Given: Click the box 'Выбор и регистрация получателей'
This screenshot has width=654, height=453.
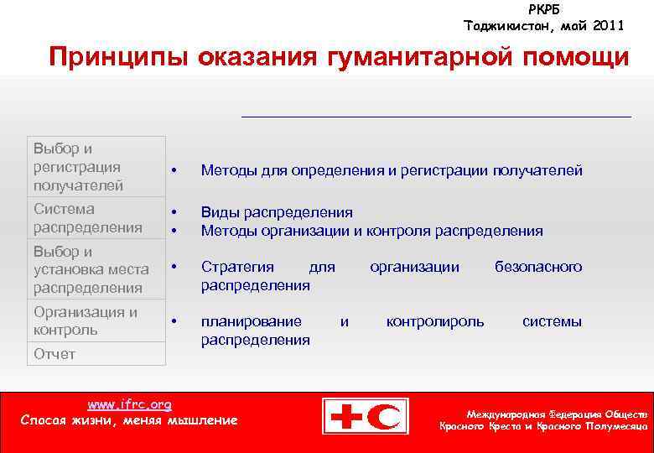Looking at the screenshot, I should coord(96,167).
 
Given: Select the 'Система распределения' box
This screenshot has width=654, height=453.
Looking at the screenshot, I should coord(96,218).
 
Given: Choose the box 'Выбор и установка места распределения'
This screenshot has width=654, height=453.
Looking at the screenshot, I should coord(96,269).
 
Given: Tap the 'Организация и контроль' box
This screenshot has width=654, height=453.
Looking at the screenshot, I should coord(96,320).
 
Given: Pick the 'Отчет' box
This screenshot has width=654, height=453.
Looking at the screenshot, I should coord(96,354).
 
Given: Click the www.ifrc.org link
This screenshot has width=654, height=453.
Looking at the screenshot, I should coord(129,404).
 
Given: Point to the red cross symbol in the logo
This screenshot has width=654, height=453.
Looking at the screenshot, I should coord(345,416).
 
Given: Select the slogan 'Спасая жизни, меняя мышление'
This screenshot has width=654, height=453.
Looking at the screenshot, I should coord(129,419).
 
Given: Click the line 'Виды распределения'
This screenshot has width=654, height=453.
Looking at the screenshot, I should coord(277,212).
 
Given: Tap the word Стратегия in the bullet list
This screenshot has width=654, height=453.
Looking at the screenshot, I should coord(237,267).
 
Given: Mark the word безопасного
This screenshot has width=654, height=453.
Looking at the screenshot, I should coord(537,267).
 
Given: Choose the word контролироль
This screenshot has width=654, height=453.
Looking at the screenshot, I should coord(434,321).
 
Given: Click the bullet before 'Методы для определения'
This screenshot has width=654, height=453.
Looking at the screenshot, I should coord(174,171).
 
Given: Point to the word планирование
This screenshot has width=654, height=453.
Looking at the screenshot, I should coord(252,321).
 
